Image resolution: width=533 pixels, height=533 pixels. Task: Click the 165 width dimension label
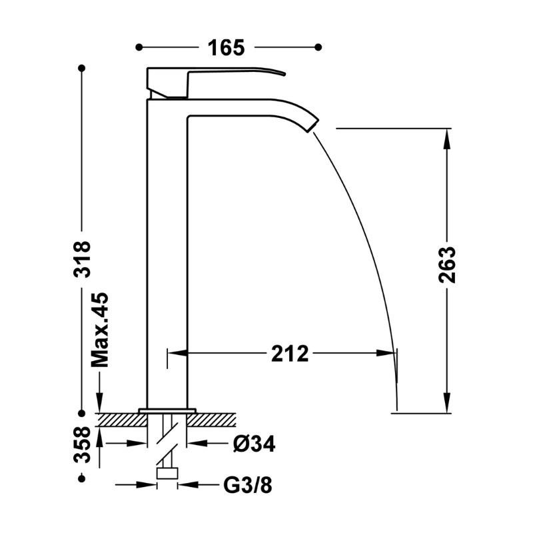point(226,47)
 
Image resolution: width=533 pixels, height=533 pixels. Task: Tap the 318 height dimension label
point(82,259)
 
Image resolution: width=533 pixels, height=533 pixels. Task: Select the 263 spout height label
point(446,265)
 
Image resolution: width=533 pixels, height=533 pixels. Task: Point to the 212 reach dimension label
point(290,353)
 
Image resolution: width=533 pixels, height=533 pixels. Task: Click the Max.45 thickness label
point(100,330)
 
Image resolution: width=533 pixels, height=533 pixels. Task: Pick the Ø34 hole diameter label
point(255,443)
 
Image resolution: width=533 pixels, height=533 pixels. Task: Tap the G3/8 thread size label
point(248,485)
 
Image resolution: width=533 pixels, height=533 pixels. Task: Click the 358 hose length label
point(82,444)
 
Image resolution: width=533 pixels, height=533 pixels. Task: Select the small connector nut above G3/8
point(167,473)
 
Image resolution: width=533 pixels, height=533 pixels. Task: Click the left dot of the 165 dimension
point(139,47)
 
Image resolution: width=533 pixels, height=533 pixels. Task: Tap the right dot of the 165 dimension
point(318,47)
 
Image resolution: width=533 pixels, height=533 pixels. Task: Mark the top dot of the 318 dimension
point(81,69)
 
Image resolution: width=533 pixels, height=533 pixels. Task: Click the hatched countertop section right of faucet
point(211,420)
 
